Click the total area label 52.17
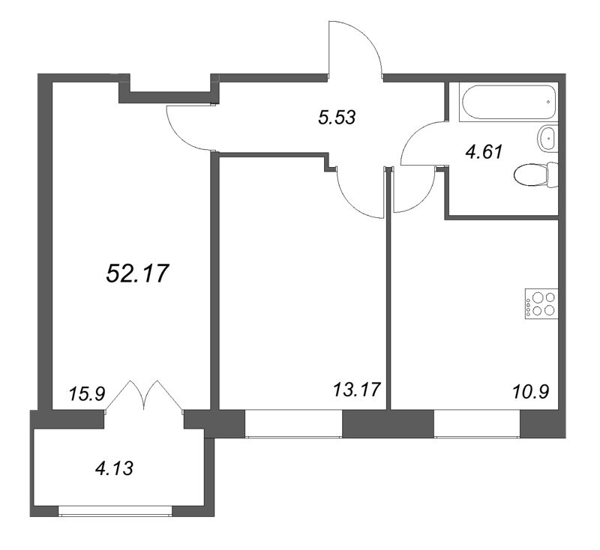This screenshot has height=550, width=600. coord(136,274)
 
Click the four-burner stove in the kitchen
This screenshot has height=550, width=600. coord(541,302)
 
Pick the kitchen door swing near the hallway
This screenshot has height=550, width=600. coord(413,193)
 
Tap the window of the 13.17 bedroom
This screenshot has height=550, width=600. coord(293,423)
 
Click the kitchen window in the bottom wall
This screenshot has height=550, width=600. coord(477,423)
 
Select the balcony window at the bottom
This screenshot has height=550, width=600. coord(115,512)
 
